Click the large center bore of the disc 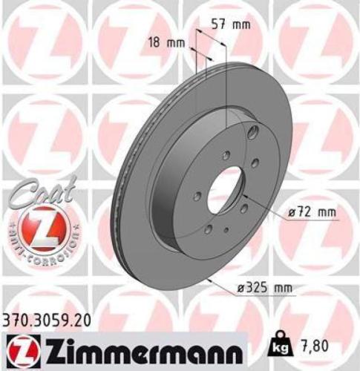point(224,191)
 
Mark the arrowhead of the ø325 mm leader point(211,278)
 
